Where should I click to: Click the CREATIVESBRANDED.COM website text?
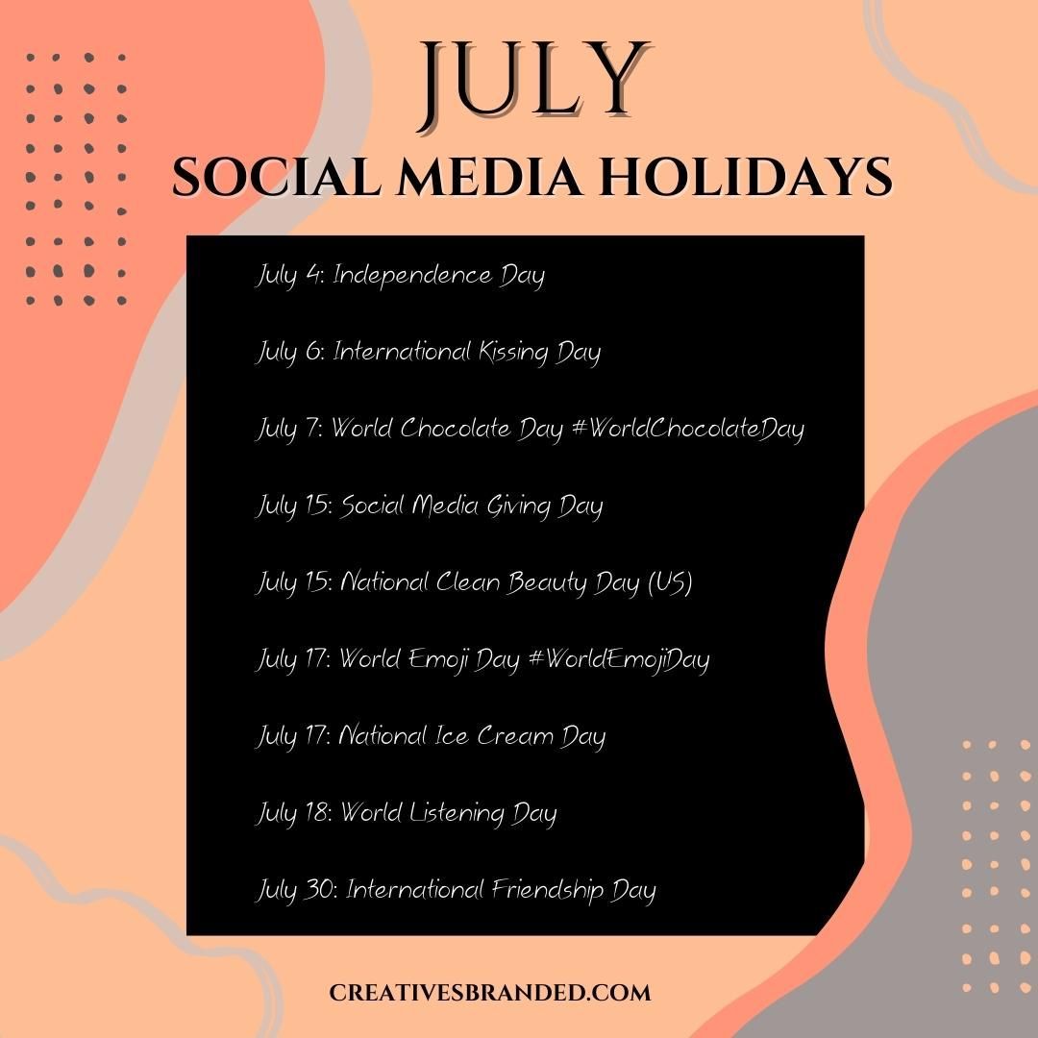point(490,993)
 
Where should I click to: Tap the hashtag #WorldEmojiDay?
point(619,659)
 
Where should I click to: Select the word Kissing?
point(502,352)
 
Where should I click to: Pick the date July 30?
point(295,890)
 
